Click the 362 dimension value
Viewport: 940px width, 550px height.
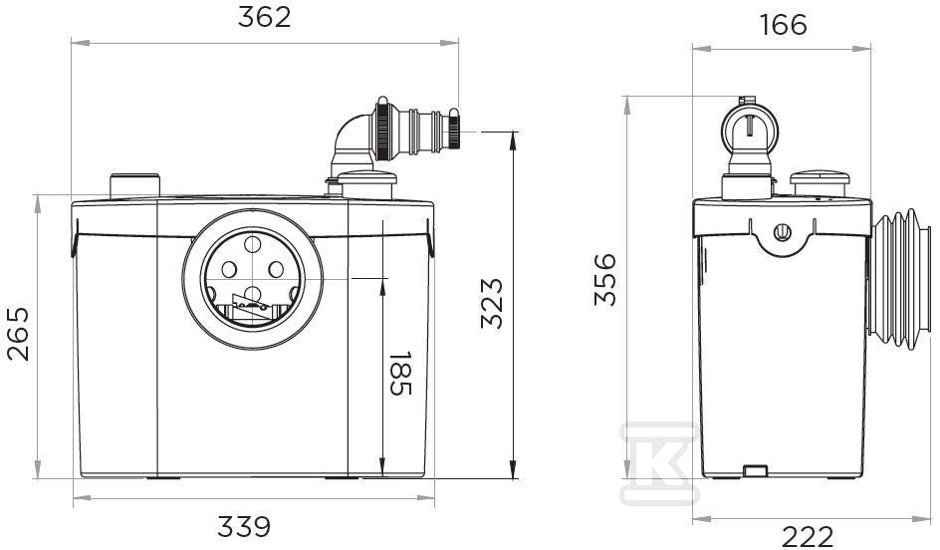click(265, 17)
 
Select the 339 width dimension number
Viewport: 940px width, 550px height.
click(244, 527)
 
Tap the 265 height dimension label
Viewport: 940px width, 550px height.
click(18, 334)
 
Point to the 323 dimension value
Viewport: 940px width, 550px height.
click(492, 303)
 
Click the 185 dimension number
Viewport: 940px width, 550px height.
click(400, 374)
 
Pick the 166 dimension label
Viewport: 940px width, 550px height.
click(783, 25)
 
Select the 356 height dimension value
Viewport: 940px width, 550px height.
click(604, 280)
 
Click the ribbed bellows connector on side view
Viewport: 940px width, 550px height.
click(898, 280)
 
